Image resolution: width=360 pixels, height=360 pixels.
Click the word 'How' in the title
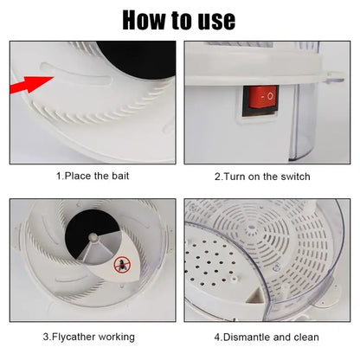tap(145, 20)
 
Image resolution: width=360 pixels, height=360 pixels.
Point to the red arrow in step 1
tap(32, 85)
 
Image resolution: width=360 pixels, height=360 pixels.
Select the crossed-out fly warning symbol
tap(122, 264)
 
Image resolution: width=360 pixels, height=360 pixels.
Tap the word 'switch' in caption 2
tap(295, 177)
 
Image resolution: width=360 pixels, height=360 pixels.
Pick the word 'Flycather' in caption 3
tap(74, 337)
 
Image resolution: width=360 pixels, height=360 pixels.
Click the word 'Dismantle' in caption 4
tap(247, 337)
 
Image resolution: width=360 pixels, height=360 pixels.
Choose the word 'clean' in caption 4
tap(306, 337)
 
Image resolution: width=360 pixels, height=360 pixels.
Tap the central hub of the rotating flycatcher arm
tap(93, 237)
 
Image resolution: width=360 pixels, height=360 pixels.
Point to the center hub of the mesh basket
tap(251, 230)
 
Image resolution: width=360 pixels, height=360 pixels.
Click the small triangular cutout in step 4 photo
tap(256, 296)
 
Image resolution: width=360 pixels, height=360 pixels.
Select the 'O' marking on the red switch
tap(270, 96)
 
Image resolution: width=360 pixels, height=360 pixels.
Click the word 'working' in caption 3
tap(117, 337)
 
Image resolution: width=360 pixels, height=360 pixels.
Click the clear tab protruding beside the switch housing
tap(334, 77)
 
